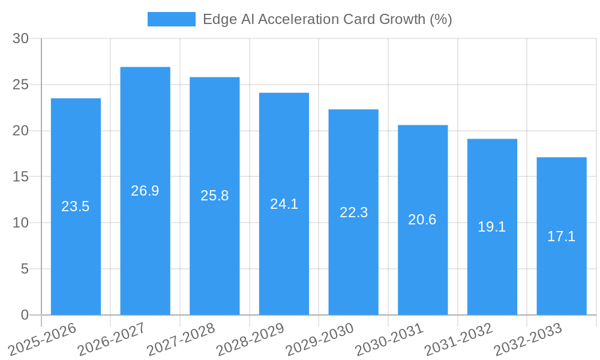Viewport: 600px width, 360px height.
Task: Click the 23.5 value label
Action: point(76,206)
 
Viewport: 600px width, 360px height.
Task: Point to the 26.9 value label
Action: point(145,191)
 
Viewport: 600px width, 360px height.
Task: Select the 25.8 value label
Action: point(215,196)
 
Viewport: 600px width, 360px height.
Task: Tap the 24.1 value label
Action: point(284,203)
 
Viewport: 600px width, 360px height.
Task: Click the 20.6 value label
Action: point(422,220)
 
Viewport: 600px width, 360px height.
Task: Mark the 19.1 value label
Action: point(492,227)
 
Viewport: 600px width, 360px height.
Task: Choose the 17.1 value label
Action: point(562,236)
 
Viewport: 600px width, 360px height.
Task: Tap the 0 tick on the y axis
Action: point(25,315)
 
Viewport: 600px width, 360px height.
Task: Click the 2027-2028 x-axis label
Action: point(181,340)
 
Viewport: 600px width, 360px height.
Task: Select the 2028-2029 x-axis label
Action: point(250,340)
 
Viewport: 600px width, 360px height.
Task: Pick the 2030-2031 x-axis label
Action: point(389,340)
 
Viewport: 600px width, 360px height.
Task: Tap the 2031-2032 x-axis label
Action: point(458,340)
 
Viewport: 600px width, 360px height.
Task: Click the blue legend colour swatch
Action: point(172,19)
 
